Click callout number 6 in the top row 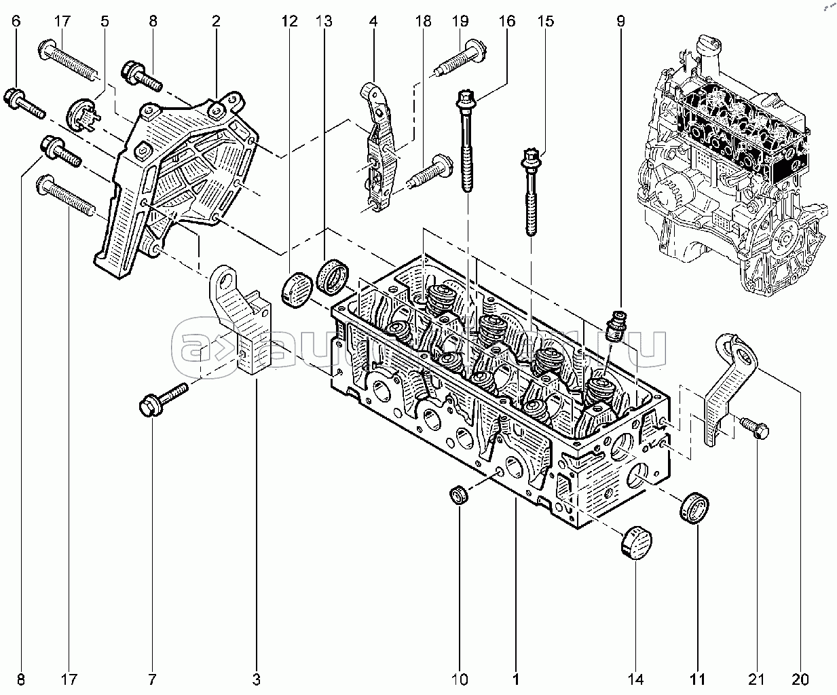point(16,22)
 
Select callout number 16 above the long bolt point(506,22)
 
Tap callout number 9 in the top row point(620,22)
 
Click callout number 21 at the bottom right point(757,679)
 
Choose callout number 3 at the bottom point(257,679)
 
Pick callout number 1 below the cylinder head point(516,679)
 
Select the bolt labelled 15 point(531,190)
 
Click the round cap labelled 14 point(633,541)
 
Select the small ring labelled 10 point(460,495)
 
